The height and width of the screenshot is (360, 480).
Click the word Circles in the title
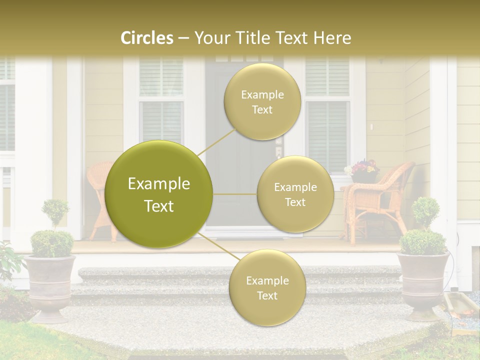[x=147, y=38]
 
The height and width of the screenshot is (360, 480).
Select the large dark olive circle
[x=159, y=194]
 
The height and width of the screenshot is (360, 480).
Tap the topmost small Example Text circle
[x=262, y=101]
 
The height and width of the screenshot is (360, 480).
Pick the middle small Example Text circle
[x=295, y=194]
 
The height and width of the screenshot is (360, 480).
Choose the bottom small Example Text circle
[x=267, y=287]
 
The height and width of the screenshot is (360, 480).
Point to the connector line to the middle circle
[x=235, y=194]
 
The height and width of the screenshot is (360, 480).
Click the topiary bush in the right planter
[x=423, y=230]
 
